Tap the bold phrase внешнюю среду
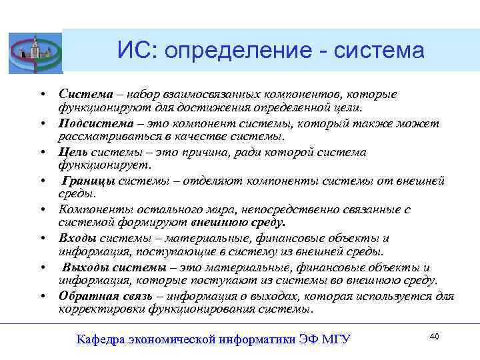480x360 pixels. [x=237, y=223]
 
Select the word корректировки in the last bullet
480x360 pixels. [x=101, y=309]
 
